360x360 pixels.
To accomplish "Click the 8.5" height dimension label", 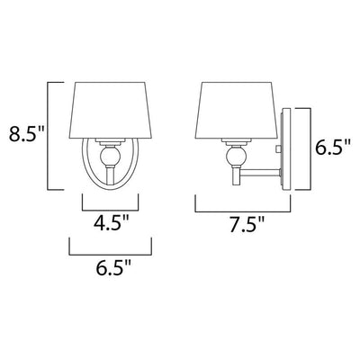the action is point(26,134).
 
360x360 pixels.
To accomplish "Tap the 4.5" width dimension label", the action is point(111,223).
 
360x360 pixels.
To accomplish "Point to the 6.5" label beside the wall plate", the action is point(333,147).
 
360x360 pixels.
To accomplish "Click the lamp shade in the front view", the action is point(110,111).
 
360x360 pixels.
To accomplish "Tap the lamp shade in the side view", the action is point(237,111).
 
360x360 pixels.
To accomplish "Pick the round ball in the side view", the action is point(237,155).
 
